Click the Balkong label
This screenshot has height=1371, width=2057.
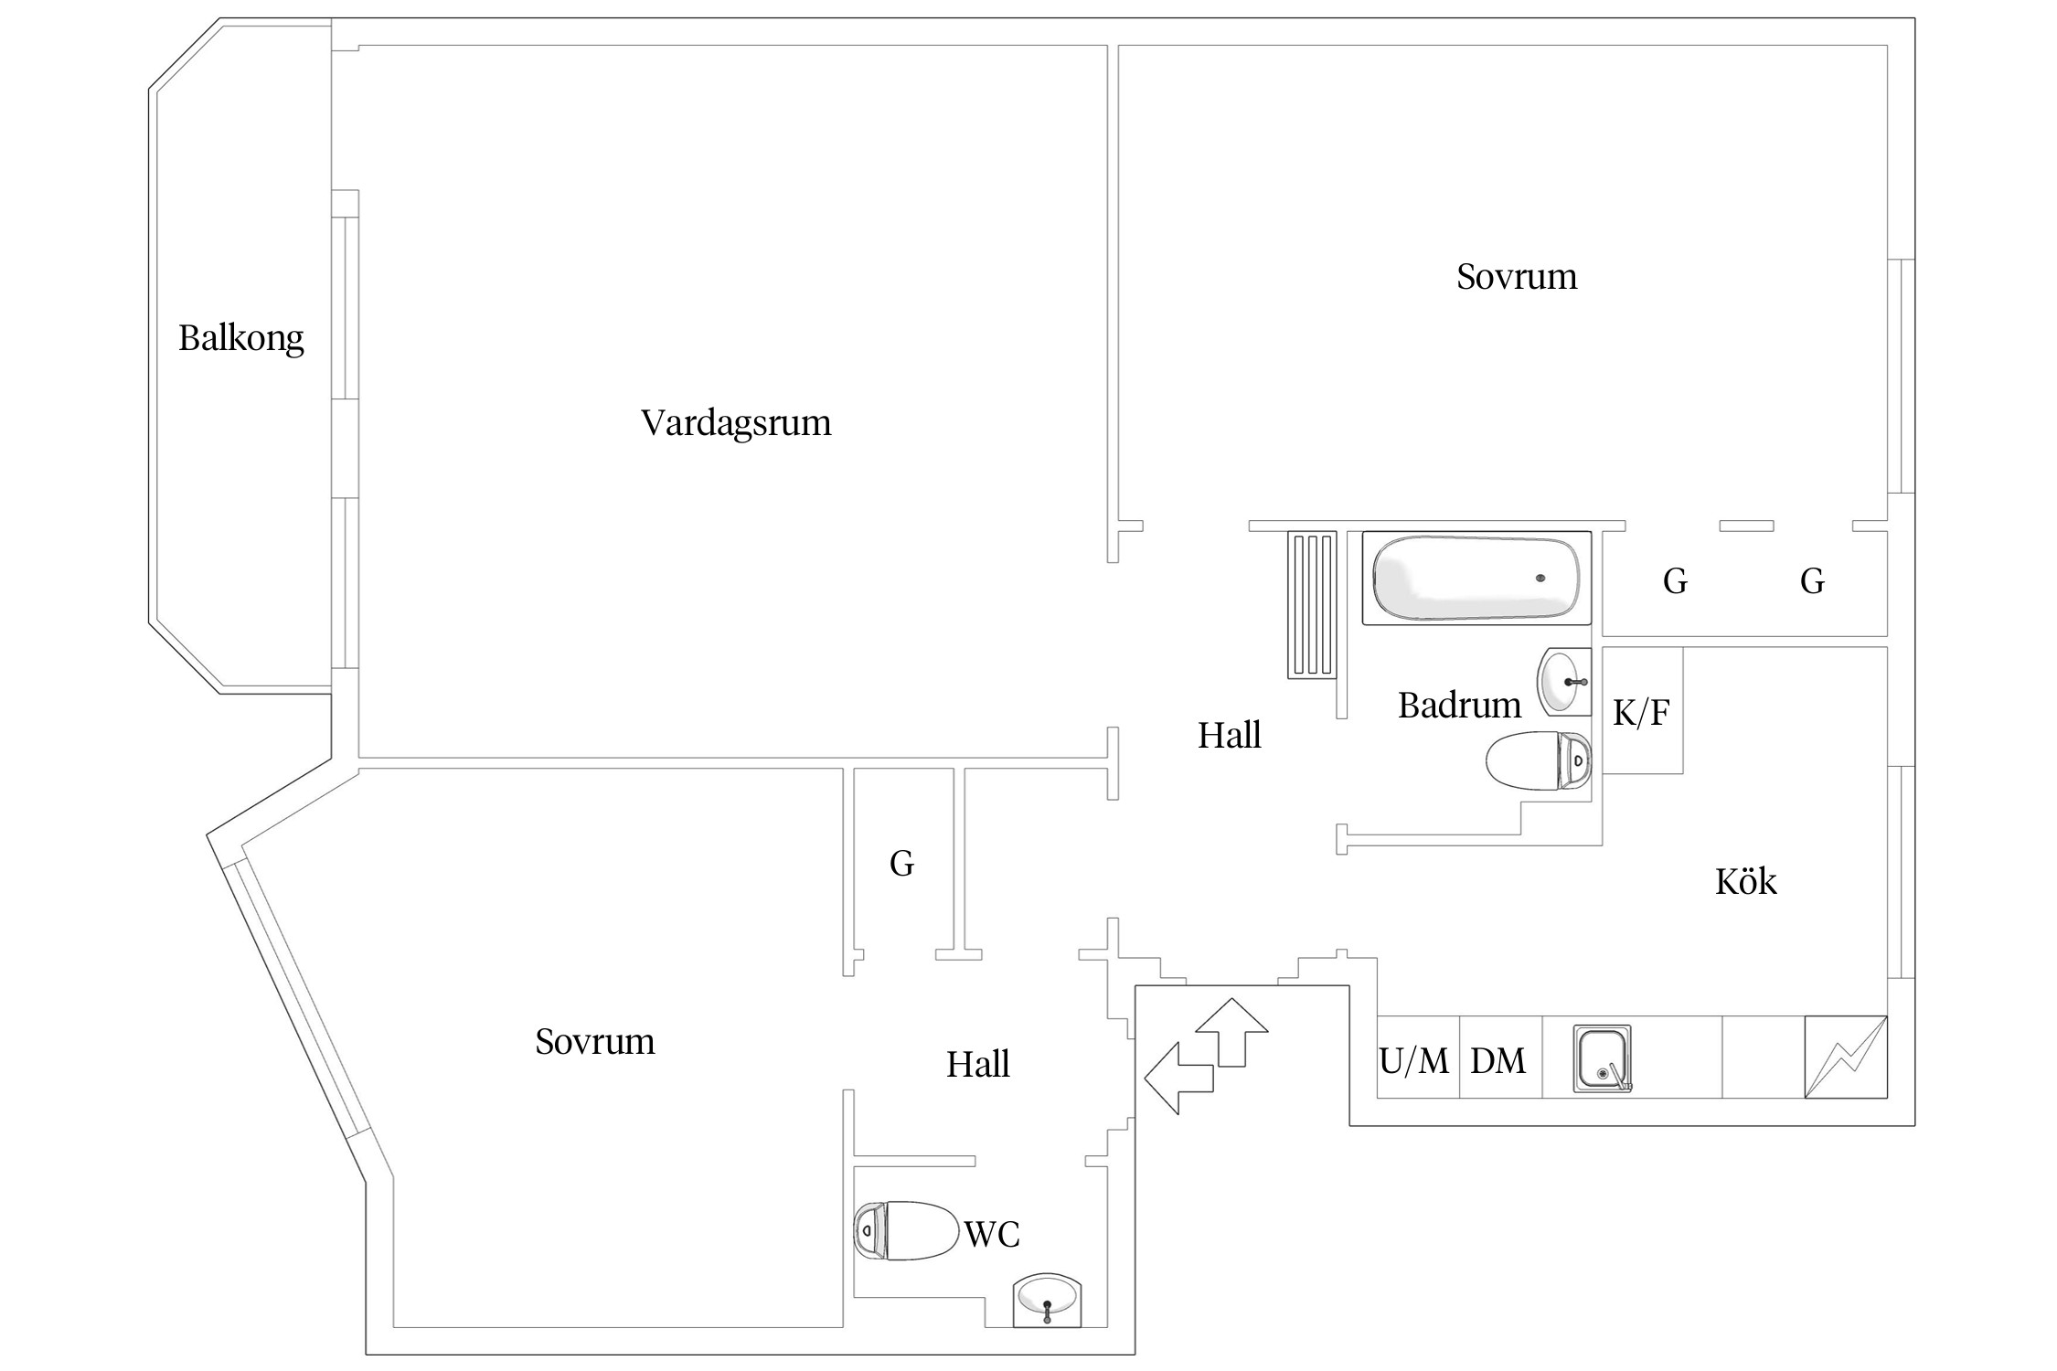pyautogui.click(x=240, y=339)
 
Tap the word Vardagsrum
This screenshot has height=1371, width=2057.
pyautogui.click(x=736, y=423)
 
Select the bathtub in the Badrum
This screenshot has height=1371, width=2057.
pyautogui.click(x=1476, y=579)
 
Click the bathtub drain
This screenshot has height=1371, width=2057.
pyautogui.click(x=1540, y=578)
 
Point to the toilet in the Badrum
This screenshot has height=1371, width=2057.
pyautogui.click(x=1538, y=760)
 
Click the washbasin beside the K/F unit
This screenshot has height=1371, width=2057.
pyautogui.click(x=1564, y=681)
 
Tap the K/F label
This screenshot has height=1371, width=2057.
pyautogui.click(x=1641, y=713)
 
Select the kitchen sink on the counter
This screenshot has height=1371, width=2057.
pyautogui.click(x=1602, y=1058)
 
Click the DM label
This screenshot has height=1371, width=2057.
pyautogui.click(x=1497, y=1061)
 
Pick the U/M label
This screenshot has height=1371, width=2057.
pyautogui.click(x=1413, y=1061)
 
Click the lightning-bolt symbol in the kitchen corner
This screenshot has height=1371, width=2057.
pyautogui.click(x=1845, y=1057)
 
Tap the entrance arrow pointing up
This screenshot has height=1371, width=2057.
pyautogui.click(x=1231, y=1032)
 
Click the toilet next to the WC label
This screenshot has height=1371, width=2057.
pyautogui.click(x=905, y=1230)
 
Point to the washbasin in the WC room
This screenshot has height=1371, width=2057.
pyautogui.click(x=1047, y=1300)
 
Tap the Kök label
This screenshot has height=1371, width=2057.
pyautogui.click(x=1745, y=882)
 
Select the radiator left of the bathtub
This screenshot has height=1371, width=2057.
pyautogui.click(x=1312, y=605)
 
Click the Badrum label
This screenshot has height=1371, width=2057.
pyautogui.click(x=1459, y=706)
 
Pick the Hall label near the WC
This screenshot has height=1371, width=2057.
pyautogui.click(x=977, y=1065)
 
